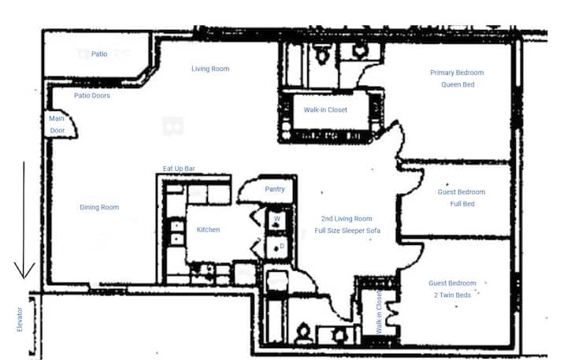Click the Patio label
[99, 54]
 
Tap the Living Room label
[210, 69]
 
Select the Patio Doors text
[92, 95]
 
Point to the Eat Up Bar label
[179, 169]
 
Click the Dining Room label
[99, 207]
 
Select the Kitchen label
[208, 230]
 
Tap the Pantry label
[275, 189]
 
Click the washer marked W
[277, 221]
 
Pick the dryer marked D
[277, 247]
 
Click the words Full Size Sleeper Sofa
[347, 231]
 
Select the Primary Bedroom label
[457, 72]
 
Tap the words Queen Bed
[458, 84]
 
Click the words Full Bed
[462, 204]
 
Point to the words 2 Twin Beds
[453, 295]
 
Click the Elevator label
[20, 320]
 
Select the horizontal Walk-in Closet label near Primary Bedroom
[325, 109]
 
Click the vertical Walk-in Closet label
[379, 312]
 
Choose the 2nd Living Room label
[346, 218]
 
